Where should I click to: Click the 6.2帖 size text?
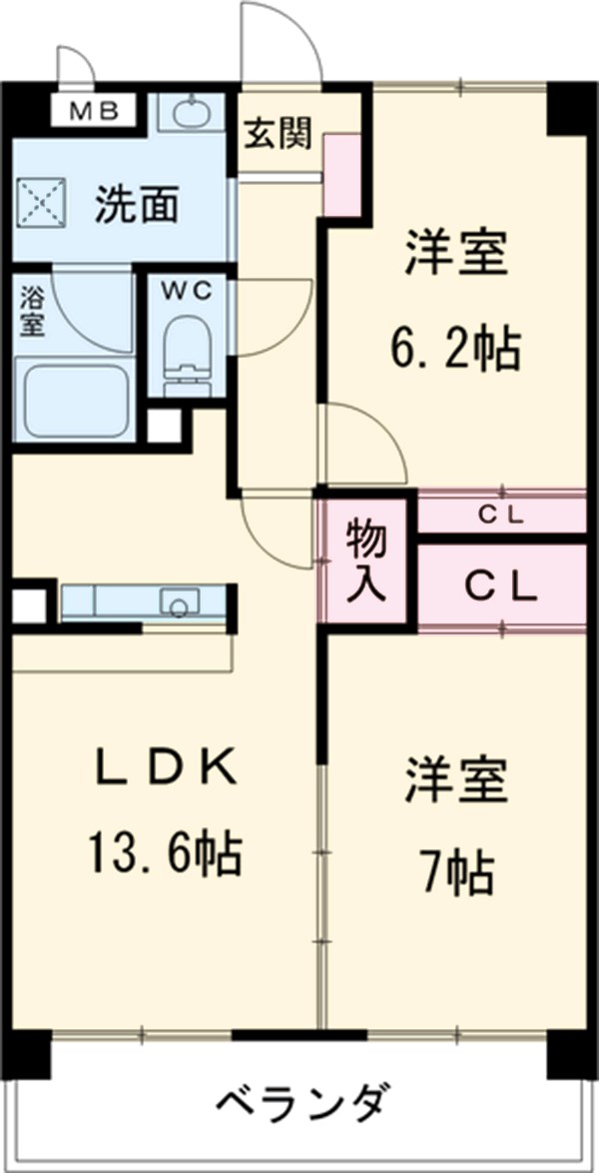point(454,350)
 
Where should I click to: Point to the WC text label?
point(187,290)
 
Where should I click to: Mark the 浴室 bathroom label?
point(32,311)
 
